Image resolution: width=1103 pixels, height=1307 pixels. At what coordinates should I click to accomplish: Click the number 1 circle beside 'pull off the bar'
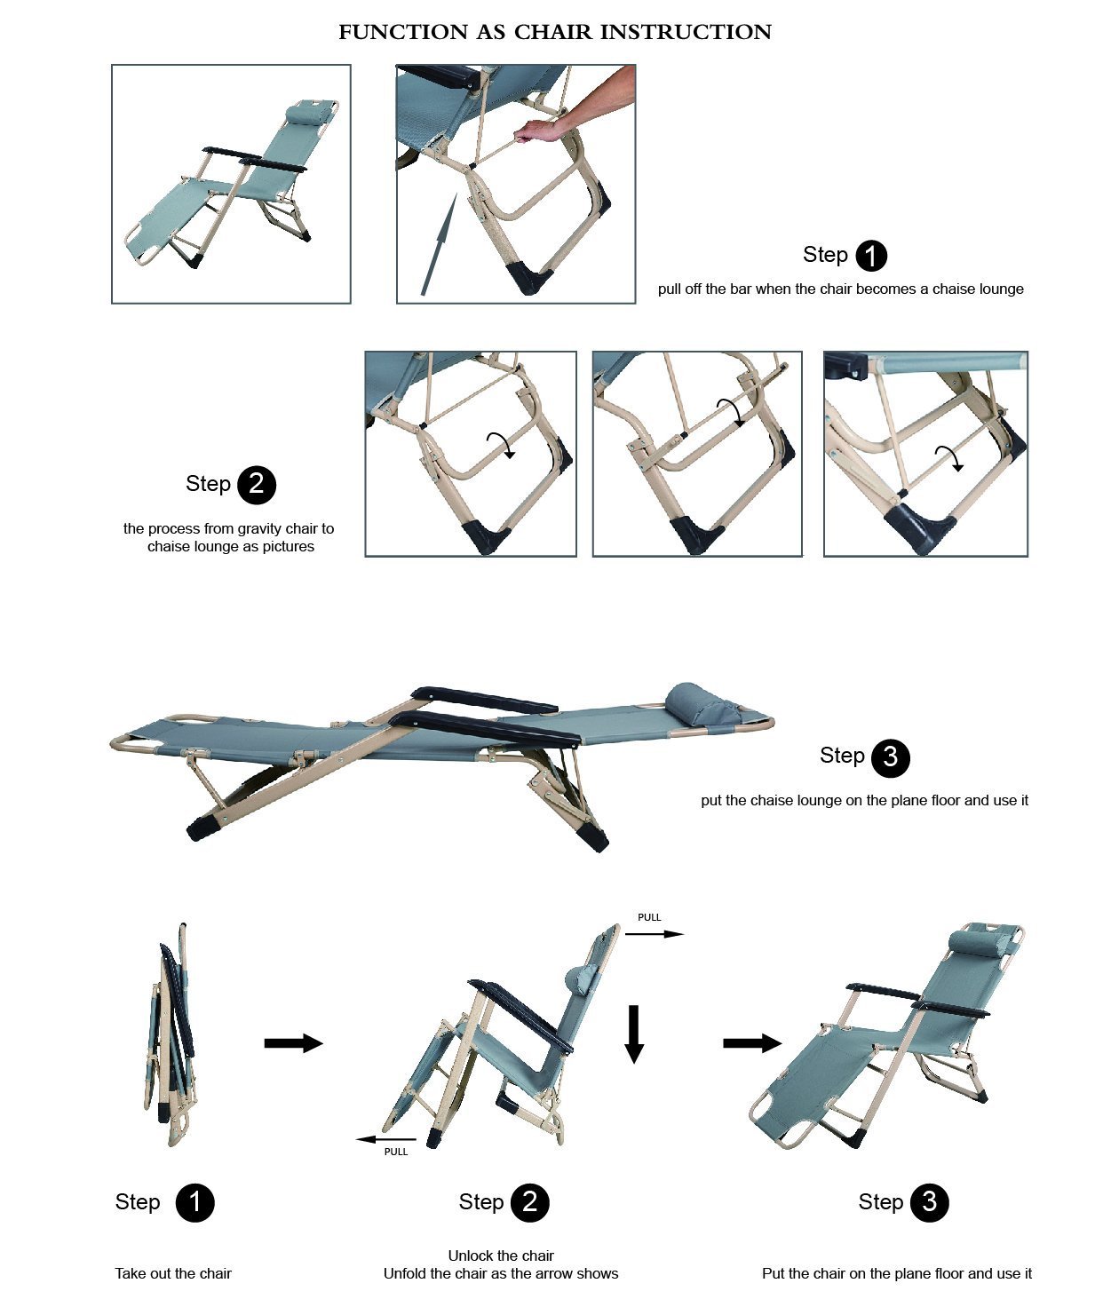coord(871,256)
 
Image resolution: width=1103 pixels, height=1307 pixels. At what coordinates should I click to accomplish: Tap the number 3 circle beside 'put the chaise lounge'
coord(890,757)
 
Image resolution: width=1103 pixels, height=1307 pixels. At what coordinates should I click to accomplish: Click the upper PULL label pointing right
coord(649,917)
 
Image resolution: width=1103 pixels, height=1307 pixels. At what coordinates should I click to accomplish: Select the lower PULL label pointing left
coord(396,1152)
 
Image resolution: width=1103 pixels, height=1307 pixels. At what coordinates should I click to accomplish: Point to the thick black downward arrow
coord(633,1034)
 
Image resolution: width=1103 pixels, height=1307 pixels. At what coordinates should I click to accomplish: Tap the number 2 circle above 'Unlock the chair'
coord(530,1202)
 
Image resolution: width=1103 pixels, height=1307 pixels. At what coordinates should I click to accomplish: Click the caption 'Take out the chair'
coord(173,1273)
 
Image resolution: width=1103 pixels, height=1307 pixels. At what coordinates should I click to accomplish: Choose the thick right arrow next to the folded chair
coord(293,1042)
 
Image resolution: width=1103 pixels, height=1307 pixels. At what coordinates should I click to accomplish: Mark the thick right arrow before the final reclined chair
coord(752,1042)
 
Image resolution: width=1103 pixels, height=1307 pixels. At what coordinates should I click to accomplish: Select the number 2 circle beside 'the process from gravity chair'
coord(257,485)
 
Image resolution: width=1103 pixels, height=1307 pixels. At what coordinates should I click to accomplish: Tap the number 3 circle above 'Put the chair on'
coord(929,1202)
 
